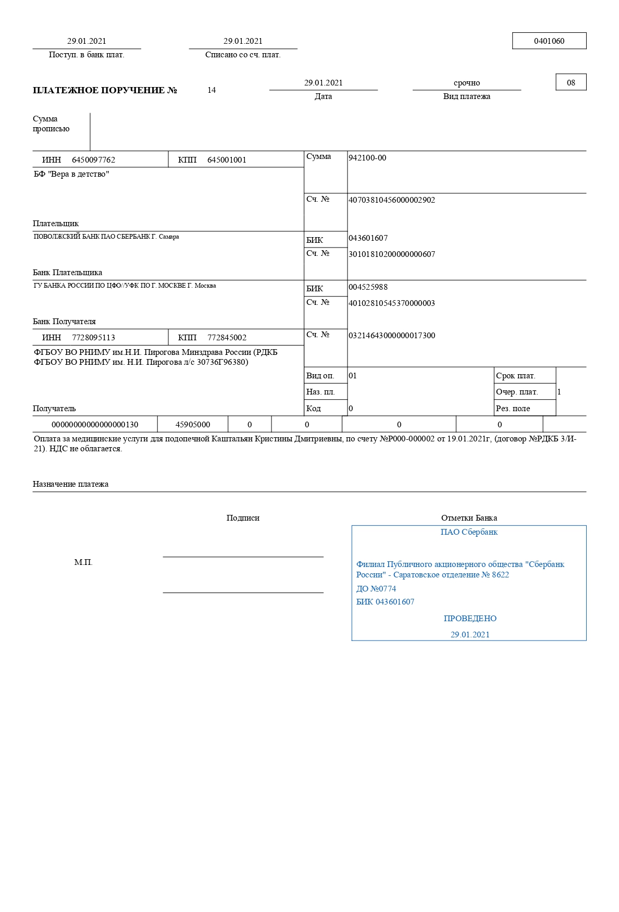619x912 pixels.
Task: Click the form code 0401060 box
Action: click(x=549, y=41)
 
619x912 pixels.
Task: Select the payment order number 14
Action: click(x=212, y=90)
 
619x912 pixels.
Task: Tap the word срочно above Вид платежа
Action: click(x=466, y=83)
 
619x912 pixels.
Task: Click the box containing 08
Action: click(x=571, y=82)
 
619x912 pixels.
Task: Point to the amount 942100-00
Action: click(x=367, y=158)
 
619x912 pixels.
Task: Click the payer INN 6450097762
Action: click(x=93, y=160)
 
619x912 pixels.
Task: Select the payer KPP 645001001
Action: click(x=227, y=160)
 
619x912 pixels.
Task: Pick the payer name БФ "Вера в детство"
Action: click(x=71, y=174)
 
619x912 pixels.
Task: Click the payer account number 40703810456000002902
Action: click(x=391, y=200)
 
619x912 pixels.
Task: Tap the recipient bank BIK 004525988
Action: click(x=368, y=287)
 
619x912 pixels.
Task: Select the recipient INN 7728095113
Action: click(x=93, y=338)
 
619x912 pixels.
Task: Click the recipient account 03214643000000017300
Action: click(x=391, y=336)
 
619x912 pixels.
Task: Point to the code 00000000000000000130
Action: click(x=95, y=425)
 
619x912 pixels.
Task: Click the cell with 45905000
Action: click(x=193, y=425)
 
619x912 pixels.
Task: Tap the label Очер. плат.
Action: click(x=517, y=392)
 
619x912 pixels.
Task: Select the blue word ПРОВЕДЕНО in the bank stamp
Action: click(x=470, y=619)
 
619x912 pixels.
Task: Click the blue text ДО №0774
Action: click(x=376, y=589)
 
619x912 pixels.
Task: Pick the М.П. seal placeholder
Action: click(x=83, y=562)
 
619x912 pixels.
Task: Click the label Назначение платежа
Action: click(x=71, y=484)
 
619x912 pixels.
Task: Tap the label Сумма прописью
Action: click(x=51, y=124)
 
